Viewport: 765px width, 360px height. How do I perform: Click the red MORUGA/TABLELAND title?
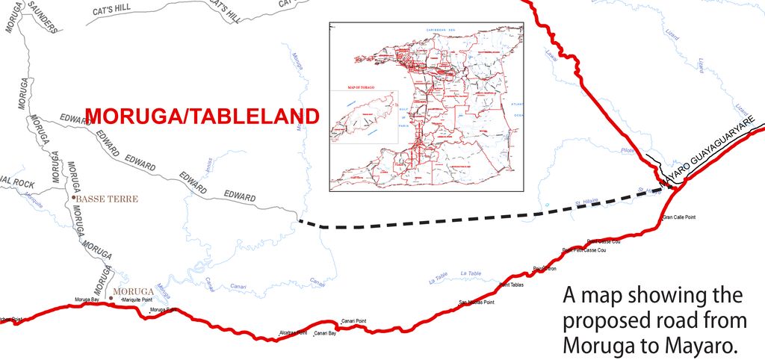pyautogui.click(x=202, y=117)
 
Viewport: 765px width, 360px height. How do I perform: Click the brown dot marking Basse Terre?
pyautogui.click(x=74, y=198)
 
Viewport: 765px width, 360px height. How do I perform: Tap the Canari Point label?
pyautogui.click(x=353, y=321)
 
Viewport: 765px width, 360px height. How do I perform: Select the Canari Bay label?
pyautogui.click(x=324, y=333)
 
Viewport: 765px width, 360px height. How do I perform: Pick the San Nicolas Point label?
pyautogui.click(x=476, y=302)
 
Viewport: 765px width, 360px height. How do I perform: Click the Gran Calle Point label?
pyautogui.click(x=679, y=218)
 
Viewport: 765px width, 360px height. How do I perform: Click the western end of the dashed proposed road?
pyautogui.click(x=299, y=220)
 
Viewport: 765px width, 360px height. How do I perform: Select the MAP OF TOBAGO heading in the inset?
pyautogui.click(x=362, y=88)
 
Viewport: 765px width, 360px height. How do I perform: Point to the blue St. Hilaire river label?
pyautogui.click(x=587, y=201)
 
